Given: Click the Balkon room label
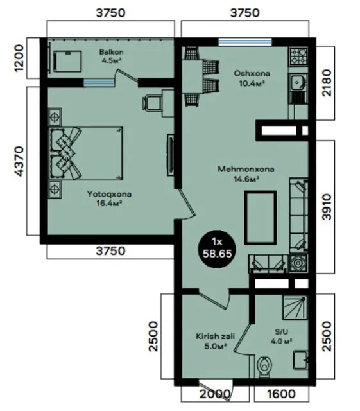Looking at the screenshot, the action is coord(111,52).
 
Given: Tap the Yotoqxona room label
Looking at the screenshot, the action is coord(109,194).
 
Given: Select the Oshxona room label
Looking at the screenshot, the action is coord(252,73).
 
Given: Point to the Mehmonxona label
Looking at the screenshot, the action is coord(246,169).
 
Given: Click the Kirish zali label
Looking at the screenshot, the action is coord(216,336).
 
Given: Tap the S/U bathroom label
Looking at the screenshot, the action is coord(282,332).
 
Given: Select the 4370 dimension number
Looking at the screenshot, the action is coord(19,161).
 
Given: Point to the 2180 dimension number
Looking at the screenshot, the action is coord(327,83).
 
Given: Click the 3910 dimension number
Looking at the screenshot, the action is coord(327,207).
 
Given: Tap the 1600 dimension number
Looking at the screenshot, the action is coord(281,394).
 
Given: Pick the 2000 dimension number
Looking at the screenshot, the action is coord(215,394).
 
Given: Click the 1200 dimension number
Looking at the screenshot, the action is coord(19,58).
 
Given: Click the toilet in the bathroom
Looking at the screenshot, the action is coord(264,366).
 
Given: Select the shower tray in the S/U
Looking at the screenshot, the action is coord(294,307).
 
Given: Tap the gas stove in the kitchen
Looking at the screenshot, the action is coord(298,56).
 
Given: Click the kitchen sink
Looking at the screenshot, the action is coord(297,83).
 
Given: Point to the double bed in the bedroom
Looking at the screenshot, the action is coord(86,153).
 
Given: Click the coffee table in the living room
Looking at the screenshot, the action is coord(261,218).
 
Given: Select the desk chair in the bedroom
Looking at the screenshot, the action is coord(151,103).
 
